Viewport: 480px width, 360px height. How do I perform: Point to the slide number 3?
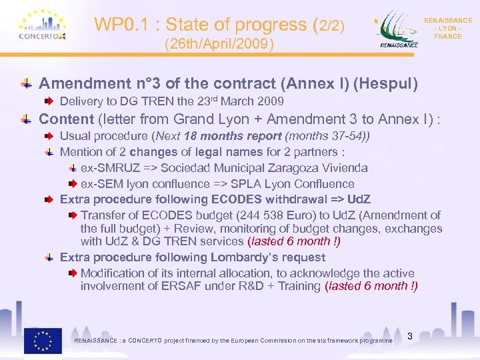pyautogui.click(x=410, y=337)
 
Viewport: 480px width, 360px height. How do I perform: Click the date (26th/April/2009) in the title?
pyautogui.click(x=219, y=45)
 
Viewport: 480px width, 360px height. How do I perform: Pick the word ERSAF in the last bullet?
pyautogui.click(x=143, y=287)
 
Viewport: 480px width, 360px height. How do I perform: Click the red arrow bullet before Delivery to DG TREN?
pyautogui.click(x=50, y=102)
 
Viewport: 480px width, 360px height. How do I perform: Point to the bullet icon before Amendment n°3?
pyautogui.click(x=25, y=84)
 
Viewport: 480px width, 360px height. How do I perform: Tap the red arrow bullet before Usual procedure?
pyautogui.click(x=50, y=137)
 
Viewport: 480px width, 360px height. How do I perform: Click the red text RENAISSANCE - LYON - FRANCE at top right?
pyautogui.click(x=447, y=29)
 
